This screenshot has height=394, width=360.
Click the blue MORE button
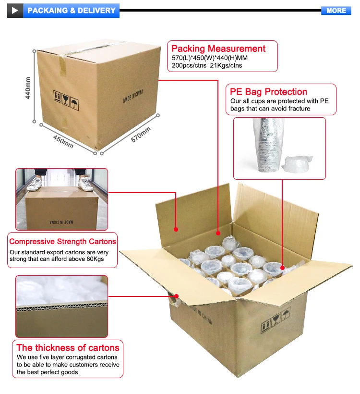[336, 10]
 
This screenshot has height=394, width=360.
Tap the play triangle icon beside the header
[15, 10]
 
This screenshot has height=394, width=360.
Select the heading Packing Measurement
[218, 49]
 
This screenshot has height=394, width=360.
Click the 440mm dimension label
[28, 88]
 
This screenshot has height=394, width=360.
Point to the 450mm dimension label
[63, 139]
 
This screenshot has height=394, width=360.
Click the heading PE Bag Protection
[269, 92]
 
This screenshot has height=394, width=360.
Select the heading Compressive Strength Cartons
[63, 242]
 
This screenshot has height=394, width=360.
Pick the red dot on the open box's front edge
[177, 296]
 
